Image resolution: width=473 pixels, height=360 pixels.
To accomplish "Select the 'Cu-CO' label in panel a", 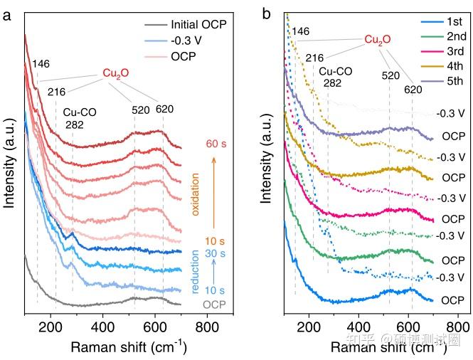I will point(80,112).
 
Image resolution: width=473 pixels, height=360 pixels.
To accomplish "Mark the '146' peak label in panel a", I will point(41,65).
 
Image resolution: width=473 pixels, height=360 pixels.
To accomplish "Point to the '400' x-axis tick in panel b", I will point(359,328).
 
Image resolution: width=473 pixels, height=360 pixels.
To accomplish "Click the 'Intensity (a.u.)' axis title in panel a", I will point(10,162).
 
